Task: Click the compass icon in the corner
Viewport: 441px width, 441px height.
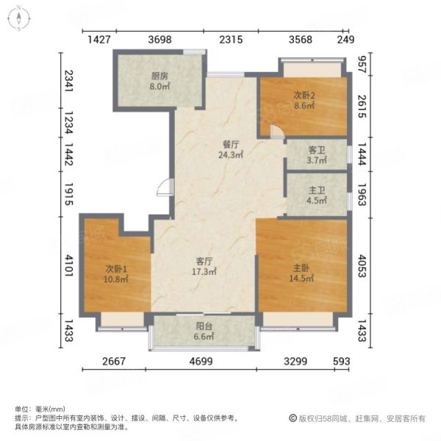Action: pos(19,18)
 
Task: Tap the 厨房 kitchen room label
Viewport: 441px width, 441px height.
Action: pos(159,81)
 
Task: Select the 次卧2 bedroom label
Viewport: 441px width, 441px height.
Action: pos(304,101)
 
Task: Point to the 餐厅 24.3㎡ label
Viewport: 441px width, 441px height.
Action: pos(231,150)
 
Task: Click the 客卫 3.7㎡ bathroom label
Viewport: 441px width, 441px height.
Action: pos(317,154)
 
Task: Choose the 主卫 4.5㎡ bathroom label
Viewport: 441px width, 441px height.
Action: pos(317,196)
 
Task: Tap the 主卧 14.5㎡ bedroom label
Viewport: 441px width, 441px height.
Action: pos(301,273)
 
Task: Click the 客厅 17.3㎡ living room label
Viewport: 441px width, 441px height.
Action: pos(204,266)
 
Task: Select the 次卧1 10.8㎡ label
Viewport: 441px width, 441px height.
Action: pos(116,274)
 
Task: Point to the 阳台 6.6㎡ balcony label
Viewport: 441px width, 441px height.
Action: pos(204,331)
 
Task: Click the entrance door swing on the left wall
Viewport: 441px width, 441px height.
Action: pos(165,187)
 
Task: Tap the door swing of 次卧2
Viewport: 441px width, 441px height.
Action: pos(277,132)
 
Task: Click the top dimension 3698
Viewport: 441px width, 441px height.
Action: pos(159,40)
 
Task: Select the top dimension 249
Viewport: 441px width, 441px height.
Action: pos(345,40)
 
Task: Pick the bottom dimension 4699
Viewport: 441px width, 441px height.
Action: pos(201,361)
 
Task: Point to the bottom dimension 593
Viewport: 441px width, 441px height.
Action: pos(342,361)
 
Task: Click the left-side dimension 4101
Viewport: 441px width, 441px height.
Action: pos(69,265)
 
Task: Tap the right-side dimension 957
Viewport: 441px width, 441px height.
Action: pos(362,65)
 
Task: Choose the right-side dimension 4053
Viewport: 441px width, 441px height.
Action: pos(362,266)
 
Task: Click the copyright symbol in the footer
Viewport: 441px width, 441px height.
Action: pos(293,418)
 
